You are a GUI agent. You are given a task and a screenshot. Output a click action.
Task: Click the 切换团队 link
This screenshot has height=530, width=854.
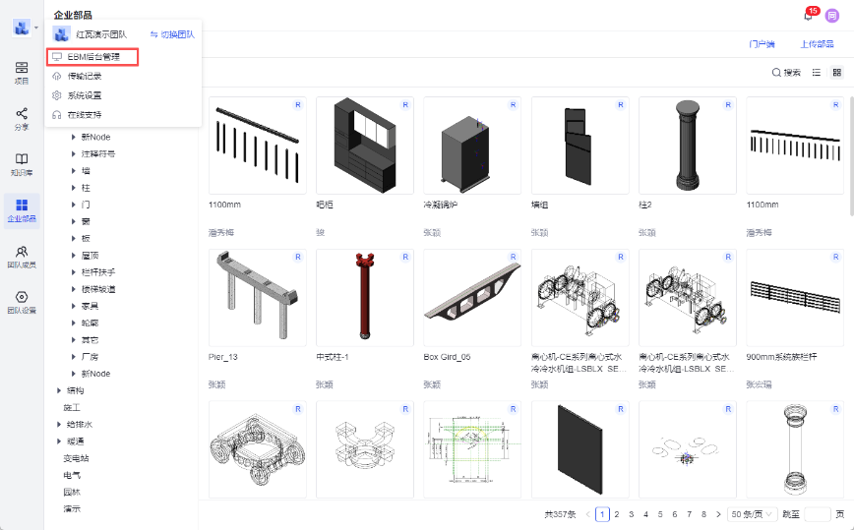(172, 34)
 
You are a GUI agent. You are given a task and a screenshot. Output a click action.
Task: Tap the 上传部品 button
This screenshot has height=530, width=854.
(817, 44)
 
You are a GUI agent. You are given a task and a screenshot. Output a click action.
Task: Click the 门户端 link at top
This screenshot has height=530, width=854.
(762, 44)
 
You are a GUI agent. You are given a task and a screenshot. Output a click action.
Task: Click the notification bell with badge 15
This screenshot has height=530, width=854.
(809, 15)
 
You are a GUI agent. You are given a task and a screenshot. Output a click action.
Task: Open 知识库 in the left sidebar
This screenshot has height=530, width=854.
(22, 163)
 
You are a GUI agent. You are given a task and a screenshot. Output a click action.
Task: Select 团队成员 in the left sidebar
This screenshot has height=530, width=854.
(22, 257)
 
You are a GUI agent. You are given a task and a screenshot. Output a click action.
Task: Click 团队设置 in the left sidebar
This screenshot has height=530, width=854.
(22, 302)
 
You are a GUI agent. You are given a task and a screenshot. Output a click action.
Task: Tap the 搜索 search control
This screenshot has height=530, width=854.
(786, 73)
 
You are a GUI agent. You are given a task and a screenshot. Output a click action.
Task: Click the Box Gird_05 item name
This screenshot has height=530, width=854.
(447, 357)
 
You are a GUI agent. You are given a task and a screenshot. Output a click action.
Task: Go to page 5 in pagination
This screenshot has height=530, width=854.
(660, 513)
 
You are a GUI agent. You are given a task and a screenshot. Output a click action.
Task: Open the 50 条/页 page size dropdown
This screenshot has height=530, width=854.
(753, 513)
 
